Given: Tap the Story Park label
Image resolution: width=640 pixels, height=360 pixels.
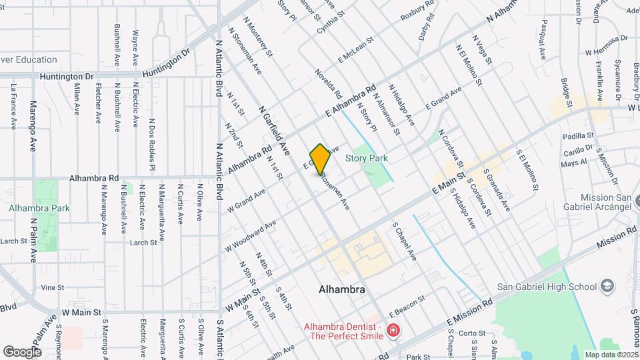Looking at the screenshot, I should [367, 158].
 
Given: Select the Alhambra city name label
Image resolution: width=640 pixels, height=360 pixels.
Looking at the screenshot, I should [342, 290].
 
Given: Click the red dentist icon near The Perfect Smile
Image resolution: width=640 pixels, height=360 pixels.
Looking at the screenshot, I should [393, 331].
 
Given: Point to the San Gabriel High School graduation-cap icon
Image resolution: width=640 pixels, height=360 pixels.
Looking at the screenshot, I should [607, 287].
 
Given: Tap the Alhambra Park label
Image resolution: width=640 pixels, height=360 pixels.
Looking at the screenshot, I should [39, 208].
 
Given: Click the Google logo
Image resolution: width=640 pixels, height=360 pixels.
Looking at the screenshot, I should [22, 351].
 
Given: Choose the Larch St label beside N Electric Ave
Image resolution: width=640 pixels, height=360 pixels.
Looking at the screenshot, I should [143, 243].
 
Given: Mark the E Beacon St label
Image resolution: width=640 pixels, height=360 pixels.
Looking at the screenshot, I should [407, 307].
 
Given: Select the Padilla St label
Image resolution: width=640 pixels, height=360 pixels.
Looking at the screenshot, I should [577, 135].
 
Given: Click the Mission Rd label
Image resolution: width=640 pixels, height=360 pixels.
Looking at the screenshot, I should [617, 238].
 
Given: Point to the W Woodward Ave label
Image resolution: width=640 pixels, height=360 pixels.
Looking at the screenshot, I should [250, 237].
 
